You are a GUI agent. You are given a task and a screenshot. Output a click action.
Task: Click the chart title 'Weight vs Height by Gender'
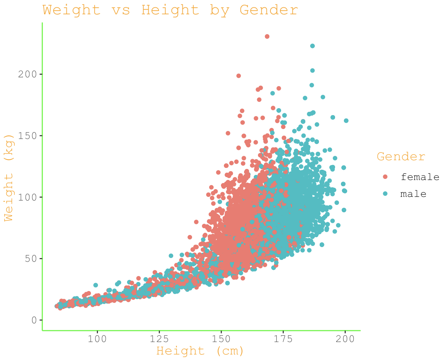[x=170, y=10]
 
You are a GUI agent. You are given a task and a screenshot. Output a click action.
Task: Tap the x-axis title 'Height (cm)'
[x=200, y=351]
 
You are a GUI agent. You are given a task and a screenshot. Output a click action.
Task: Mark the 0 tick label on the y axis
[x=34, y=320]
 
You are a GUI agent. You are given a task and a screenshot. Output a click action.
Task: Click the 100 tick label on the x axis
[x=97, y=339]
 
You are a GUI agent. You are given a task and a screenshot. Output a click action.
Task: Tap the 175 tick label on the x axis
[x=283, y=339]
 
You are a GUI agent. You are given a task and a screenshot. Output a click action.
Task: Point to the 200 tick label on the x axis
[x=345, y=339]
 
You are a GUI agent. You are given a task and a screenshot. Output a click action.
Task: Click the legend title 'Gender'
[x=401, y=157]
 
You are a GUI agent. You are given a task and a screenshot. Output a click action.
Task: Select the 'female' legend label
[x=420, y=177]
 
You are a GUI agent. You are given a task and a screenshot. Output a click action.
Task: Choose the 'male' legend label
[x=413, y=194]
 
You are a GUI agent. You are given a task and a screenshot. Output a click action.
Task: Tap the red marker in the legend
[x=385, y=177]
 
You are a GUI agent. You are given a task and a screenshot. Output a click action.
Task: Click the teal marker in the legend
[x=385, y=194]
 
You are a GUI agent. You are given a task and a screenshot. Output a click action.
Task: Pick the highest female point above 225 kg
[x=267, y=36]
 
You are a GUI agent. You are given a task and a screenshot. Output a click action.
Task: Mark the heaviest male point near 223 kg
[x=312, y=46]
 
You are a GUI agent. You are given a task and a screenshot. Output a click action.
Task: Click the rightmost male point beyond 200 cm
[x=346, y=121]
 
